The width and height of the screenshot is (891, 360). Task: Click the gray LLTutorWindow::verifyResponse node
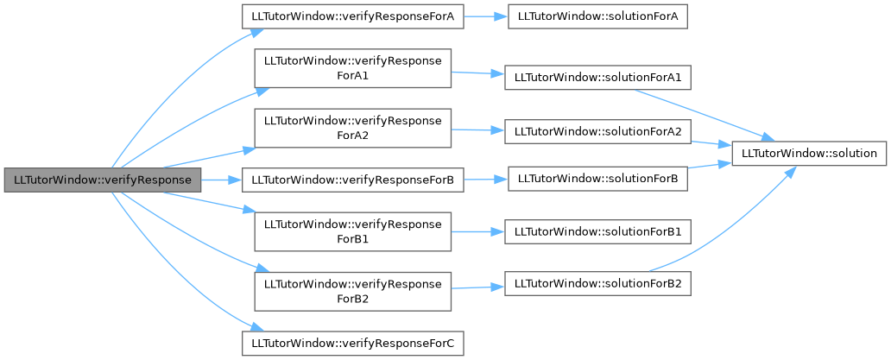click(x=102, y=180)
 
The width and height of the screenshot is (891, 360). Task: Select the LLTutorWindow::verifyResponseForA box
click(x=353, y=16)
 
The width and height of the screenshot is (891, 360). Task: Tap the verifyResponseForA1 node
click(x=353, y=68)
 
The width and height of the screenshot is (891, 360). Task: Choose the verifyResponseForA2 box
click(x=353, y=129)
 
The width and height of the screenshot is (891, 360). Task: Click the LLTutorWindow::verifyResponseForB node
click(x=353, y=180)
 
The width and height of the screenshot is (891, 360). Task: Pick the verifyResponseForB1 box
click(x=353, y=231)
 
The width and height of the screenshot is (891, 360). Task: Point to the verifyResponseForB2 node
click(x=353, y=291)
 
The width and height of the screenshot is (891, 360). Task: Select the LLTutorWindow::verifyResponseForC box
click(x=353, y=344)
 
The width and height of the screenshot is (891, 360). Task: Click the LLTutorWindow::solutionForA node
click(x=597, y=17)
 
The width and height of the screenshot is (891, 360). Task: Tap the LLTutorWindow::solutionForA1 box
click(x=597, y=78)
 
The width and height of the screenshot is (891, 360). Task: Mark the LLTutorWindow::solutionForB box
click(x=597, y=180)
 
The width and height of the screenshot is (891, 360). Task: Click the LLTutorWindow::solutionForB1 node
click(x=597, y=231)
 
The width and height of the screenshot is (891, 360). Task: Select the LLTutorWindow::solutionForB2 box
click(x=597, y=284)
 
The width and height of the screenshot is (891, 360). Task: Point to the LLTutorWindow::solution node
click(x=809, y=154)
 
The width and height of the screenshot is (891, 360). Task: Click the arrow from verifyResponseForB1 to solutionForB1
click(x=478, y=231)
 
